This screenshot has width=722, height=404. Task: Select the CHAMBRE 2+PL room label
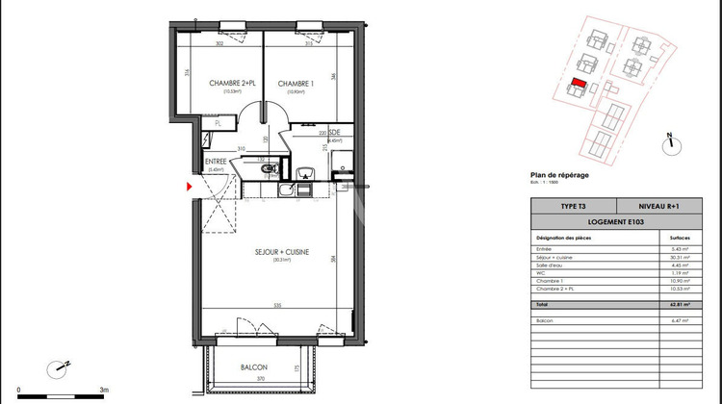click(232, 85)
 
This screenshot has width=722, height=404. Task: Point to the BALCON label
click(254, 368)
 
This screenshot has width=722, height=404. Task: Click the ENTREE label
click(215, 162)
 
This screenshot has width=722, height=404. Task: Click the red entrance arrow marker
click(190, 186)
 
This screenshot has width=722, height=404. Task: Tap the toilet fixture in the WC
click(269, 169)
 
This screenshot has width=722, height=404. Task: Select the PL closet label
click(219, 123)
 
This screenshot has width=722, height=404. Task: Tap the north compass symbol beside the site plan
click(668, 142)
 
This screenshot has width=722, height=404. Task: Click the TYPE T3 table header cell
click(572, 207)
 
